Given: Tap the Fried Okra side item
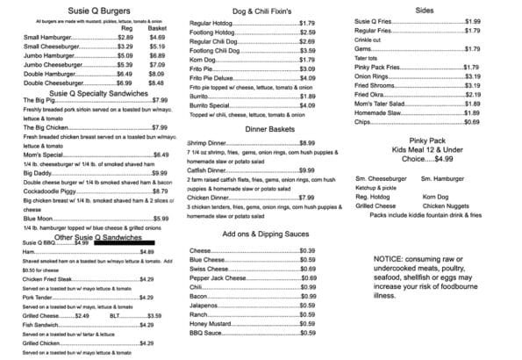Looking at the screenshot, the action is pyautogui.click(x=371, y=94).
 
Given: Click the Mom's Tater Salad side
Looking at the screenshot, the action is pyautogui.click(x=379, y=104).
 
